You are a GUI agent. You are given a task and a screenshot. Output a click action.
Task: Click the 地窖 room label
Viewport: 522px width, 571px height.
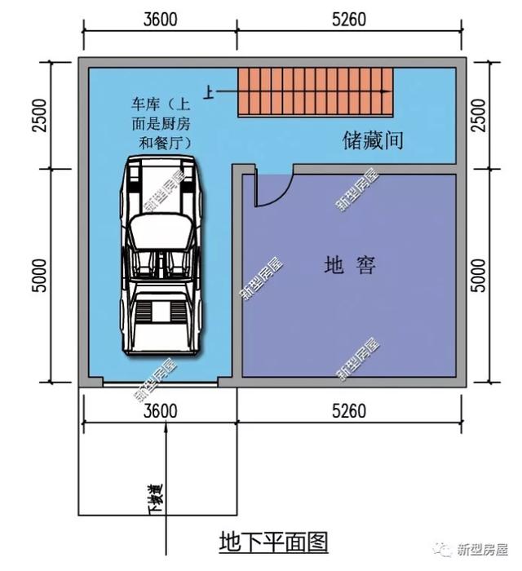coord(350,266)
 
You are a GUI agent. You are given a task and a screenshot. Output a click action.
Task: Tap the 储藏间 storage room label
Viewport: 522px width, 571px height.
coord(373,140)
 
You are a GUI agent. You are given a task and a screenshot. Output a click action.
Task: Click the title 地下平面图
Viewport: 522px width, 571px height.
coord(273,542)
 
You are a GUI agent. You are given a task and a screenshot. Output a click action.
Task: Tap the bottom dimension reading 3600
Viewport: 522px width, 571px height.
coord(158,410)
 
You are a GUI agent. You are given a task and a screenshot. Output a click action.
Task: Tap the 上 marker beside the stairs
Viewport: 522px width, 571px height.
coord(210,95)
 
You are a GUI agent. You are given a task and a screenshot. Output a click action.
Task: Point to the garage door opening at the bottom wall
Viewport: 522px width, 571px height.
coord(160,382)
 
